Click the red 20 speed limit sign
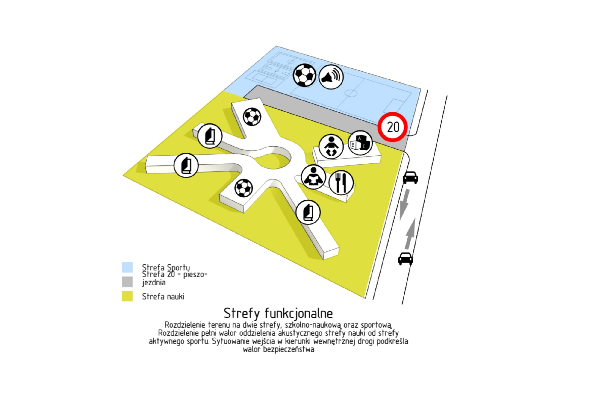tap(392, 127)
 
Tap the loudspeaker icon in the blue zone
tap(331, 77)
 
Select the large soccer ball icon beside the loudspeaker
tap(304, 75)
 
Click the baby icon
tap(331, 147)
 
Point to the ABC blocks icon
tap(360, 143)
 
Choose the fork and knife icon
tap(341, 183)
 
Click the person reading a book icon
tap(313, 177)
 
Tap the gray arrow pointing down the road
tap(404, 205)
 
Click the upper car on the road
tap(410, 178)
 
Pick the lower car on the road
tap(405, 258)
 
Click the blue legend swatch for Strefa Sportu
tap(127, 267)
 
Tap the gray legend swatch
tap(127, 282)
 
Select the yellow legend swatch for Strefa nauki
tap(127, 296)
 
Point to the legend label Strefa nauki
tap(163, 297)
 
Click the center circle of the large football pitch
tap(351, 93)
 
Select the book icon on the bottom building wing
tap(308, 212)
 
